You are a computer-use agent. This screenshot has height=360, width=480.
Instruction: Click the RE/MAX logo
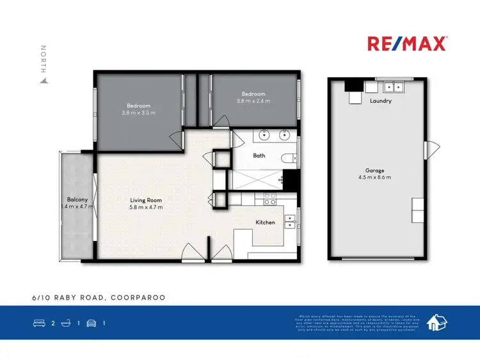(407, 44)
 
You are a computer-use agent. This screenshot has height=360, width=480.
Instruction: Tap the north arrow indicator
(44, 65)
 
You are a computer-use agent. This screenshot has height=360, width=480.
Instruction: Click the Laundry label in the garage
(380, 101)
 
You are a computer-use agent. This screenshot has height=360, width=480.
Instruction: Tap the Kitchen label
(265, 222)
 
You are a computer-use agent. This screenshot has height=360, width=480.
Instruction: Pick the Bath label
(259, 155)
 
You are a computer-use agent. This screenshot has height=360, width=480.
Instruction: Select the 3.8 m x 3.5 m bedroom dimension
(138, 113)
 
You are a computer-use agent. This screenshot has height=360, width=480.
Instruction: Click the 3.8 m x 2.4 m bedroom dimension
(253, 101)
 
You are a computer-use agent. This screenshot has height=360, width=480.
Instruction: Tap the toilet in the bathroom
(289, 158)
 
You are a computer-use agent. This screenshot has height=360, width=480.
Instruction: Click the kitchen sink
(290, 221)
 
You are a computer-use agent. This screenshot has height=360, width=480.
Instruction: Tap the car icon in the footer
(91, 323)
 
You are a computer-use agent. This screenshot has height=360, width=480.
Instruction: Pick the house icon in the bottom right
(437, 322)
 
